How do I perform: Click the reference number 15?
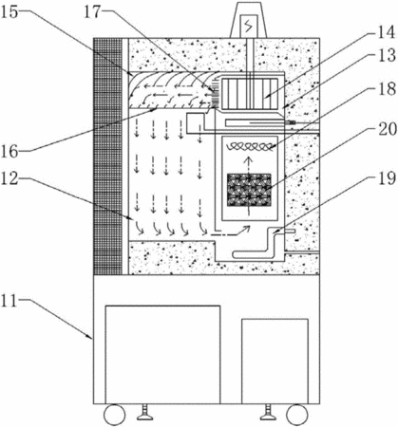9,12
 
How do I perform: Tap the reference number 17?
92,12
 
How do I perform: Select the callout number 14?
387,32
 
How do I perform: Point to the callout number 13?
387,55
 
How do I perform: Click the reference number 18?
387,89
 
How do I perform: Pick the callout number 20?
387,129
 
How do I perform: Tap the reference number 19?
387,177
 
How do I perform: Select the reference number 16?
9,151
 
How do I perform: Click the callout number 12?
9,179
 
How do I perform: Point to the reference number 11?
9,301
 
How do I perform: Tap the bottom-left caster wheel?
115,415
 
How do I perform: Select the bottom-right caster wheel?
297,415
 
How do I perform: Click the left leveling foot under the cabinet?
145,412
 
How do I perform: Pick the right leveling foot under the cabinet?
268,412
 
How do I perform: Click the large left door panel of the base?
162,355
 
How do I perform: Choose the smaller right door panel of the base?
275,362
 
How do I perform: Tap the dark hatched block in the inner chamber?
249,190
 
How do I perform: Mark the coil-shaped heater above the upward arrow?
249,146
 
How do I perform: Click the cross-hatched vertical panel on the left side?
108,157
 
